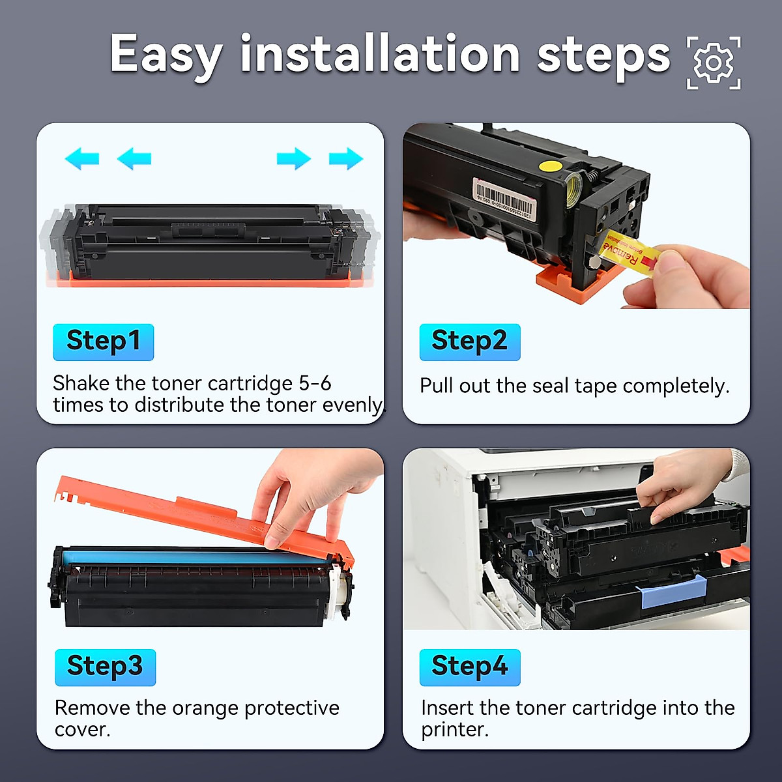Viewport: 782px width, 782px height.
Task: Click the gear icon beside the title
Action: tap(714, 63)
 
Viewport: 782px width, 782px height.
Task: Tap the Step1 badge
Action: tap(104, 341)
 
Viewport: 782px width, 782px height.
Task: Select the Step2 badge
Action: tap(470, 341)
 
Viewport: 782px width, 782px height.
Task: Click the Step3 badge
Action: tap(105, 667)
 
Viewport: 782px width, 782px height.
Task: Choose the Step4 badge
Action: tap(470, 667)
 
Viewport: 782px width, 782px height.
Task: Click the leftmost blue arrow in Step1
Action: tap(82, 158)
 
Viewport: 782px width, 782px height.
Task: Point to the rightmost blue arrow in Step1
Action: tap(346, 158)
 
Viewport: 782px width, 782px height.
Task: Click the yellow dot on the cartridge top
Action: tap(551, 166)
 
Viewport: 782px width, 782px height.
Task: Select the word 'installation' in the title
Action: tap(380, 54)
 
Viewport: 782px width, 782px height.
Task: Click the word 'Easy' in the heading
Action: tap(166, 55)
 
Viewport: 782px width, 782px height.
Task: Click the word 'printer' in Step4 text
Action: tap(454, 729)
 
